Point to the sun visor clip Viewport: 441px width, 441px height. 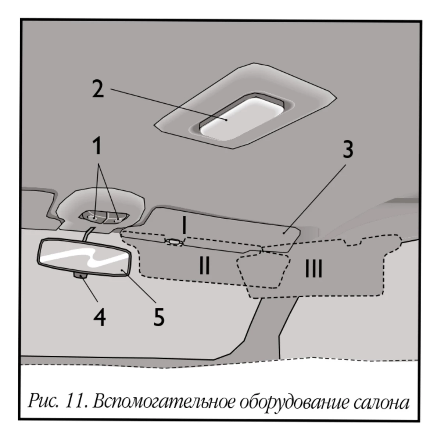(174, 242)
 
